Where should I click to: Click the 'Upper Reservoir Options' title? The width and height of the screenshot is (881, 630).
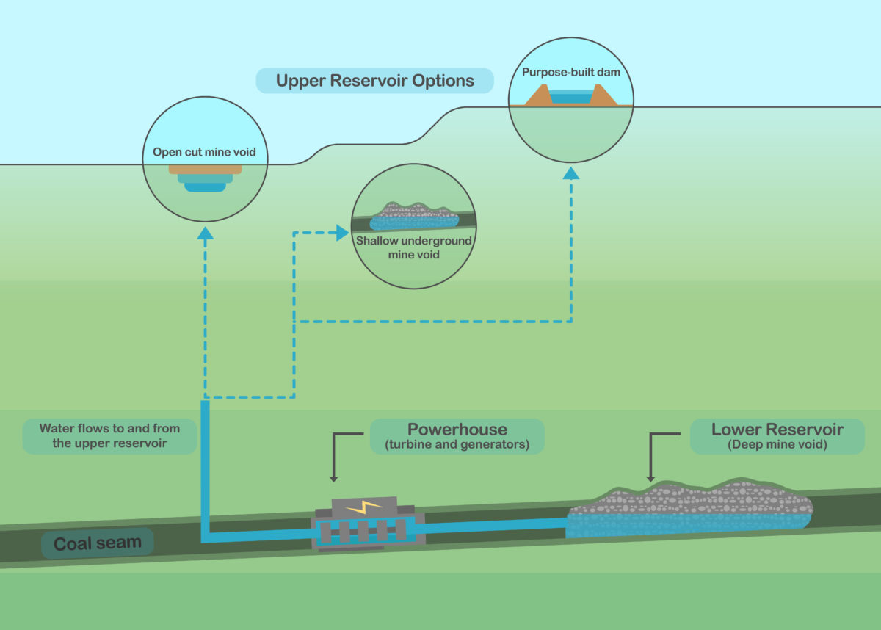coord(374,81)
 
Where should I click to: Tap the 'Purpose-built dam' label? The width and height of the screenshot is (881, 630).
coord(571,73)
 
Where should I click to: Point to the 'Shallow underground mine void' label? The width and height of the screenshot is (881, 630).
coord(413,247)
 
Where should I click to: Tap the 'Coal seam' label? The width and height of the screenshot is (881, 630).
coord(98,544)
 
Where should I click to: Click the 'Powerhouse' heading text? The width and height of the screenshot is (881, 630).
coord(457,430)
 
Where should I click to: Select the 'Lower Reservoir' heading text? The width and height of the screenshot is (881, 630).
coord(777,430)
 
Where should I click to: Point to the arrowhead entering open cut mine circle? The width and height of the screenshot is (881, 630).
coord(205,233)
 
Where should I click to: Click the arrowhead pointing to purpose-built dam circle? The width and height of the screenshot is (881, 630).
coord(571,173)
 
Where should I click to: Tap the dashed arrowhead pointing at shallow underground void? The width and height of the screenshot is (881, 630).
coord(342,233)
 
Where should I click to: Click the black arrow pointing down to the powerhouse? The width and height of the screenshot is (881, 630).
coord(334,477)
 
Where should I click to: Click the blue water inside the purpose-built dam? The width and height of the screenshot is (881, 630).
coord(570,97)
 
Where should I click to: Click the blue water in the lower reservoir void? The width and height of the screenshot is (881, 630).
coord(683,524)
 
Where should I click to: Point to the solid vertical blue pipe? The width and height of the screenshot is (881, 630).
coord(206,470)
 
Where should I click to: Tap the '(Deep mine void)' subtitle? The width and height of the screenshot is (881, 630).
coord(777,444)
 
